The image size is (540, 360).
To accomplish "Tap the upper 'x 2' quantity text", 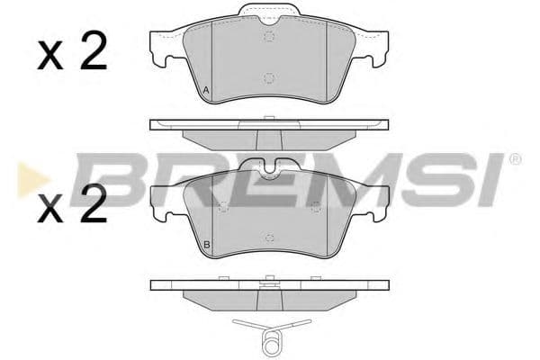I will click(x=72, y=54).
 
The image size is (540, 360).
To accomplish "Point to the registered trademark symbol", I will click(x=515, y=160).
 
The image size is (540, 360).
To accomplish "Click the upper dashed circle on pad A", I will click(x=269, y=36).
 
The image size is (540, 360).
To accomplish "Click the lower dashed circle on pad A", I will click(x=269, y=78).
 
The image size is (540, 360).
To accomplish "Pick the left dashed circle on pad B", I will click(x=223, y=208).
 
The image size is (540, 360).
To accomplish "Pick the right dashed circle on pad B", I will click(x=315, y=208).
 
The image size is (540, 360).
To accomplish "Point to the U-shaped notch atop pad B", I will click(x=269, y=167).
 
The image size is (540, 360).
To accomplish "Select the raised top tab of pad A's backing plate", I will click(x=269, y=13).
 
